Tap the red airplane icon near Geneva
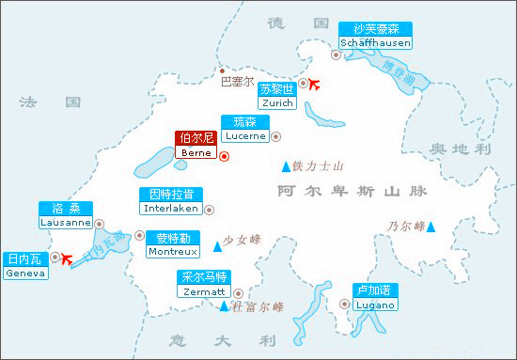click(x=67, y=258)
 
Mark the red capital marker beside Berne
click(x=224, y=156)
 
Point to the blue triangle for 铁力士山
click(x=286, y=167)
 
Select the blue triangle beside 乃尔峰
click(x=431, y=227)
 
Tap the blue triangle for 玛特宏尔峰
click(x=224, y=307)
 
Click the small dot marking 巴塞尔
click(x=222, y=70)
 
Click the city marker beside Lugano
click(x=343, y=304)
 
